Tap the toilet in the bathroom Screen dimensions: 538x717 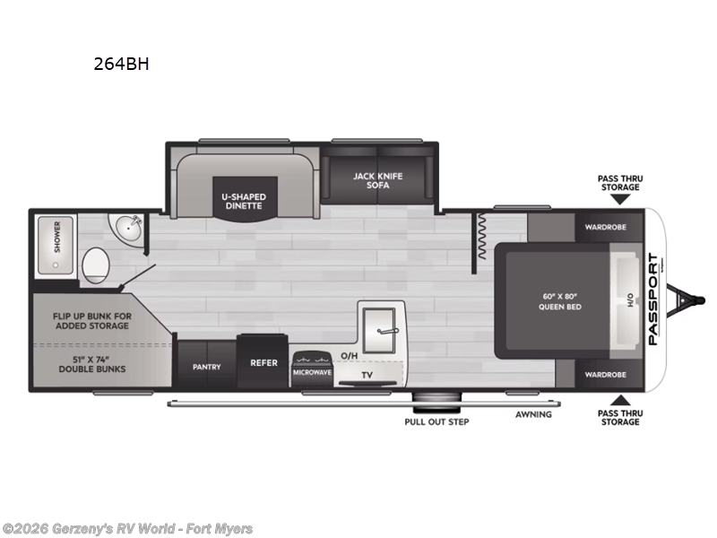[x=96, y=265]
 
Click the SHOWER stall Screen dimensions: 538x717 [x=56, y=238]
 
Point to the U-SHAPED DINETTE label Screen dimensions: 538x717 [x=244, y=200]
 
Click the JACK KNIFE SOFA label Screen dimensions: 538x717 [x=376, y=180]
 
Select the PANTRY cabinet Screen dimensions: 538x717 [x=206, y=366]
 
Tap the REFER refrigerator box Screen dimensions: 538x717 [x=263, y=363]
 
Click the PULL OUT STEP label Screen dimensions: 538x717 [x=436, y=421]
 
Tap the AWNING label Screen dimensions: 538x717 [x=533, y=414]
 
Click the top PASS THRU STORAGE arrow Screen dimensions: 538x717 [x=619, y=199]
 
